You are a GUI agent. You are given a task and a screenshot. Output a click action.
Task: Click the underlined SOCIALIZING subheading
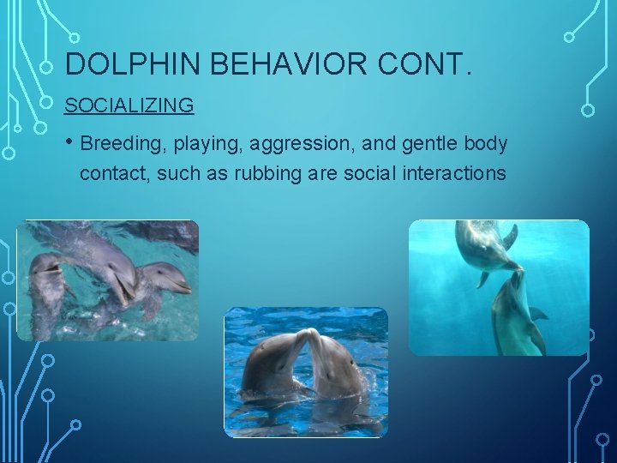129,105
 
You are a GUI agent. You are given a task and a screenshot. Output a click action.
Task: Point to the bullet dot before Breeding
70,143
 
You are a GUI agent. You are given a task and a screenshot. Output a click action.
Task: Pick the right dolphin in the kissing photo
338,364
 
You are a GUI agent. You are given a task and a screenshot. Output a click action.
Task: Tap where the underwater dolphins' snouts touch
517,272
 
